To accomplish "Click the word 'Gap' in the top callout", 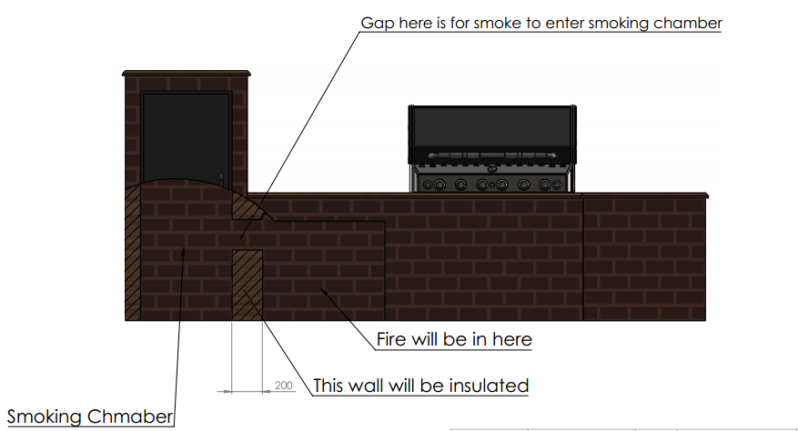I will (x=378, y=23).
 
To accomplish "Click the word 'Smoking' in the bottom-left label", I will (x=45, y=417).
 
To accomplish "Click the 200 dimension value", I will (x=284, y=386).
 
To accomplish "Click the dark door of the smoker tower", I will (x=186, y=132).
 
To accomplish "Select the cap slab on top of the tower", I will (x=186, y=73).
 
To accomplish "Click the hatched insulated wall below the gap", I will (x=247, y=284).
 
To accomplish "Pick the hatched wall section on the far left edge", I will (x=133, y=255).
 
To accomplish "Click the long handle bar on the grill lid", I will (x=492, y=157).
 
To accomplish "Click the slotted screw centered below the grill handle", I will (x=492, y=168).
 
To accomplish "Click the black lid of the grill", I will (x=492, y=127).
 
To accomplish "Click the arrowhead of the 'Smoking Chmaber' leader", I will (x=185, y=252).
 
